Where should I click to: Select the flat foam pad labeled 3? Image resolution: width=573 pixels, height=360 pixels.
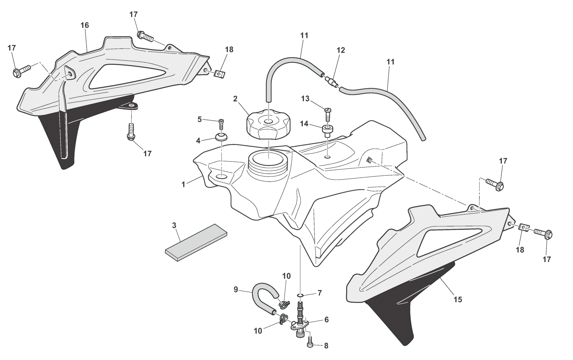[196, 242]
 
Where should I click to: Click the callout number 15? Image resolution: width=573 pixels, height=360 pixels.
[458, 300]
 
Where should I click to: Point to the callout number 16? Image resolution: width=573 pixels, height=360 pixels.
[85, 25]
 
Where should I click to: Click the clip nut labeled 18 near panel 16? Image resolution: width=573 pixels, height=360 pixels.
[220, 74]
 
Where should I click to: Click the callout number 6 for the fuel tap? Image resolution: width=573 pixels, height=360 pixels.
[326, 320]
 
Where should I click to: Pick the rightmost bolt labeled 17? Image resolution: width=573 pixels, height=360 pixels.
[544, 235]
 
